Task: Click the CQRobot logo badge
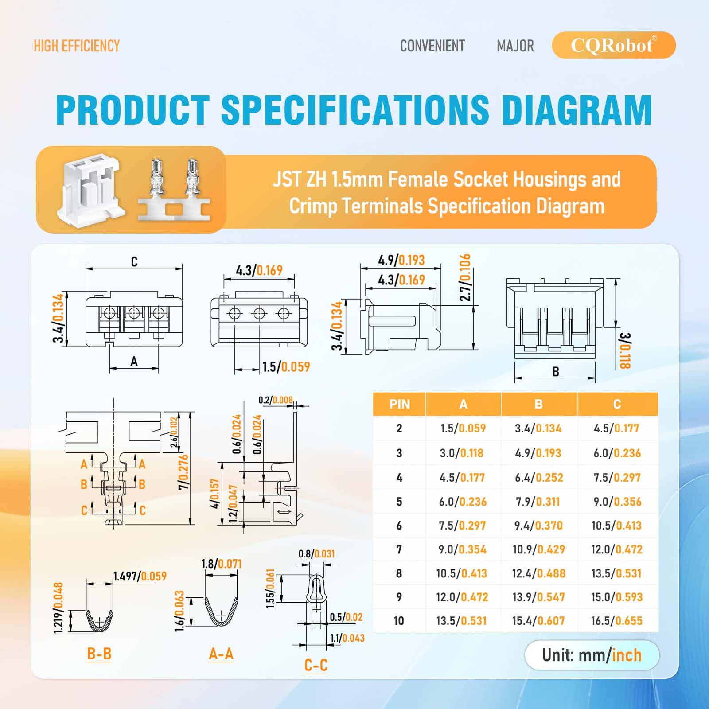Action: click(x=614, y=45)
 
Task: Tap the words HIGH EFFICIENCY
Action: click(x=77, y=46)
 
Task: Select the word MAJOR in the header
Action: click(x=515, y=46)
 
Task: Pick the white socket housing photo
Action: click(x=91, y=190)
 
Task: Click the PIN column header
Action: click(x=399, y=404)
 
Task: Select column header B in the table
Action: click(x=539, y=404)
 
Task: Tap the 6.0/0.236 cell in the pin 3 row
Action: click(x=617, y=453)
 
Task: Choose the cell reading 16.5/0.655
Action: click(x=616, y=621)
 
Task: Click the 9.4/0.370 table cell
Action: click(x=538, y=526)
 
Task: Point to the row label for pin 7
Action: click(x=399, y=549)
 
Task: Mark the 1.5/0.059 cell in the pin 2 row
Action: click(x=463, y=429)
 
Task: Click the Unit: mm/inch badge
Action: click(x=592, y=655)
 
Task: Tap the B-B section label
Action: click(x=99, y=654)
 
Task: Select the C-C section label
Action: click(x=316, y=665)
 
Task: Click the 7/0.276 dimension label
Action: click(x=183, y=472)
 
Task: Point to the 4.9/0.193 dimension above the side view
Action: click(x=401, y=260)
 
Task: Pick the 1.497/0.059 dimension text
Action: click(x=140, y=576)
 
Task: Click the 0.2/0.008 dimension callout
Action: click(x=276, y=400)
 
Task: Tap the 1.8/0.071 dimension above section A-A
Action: click(x=222, y=564)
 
